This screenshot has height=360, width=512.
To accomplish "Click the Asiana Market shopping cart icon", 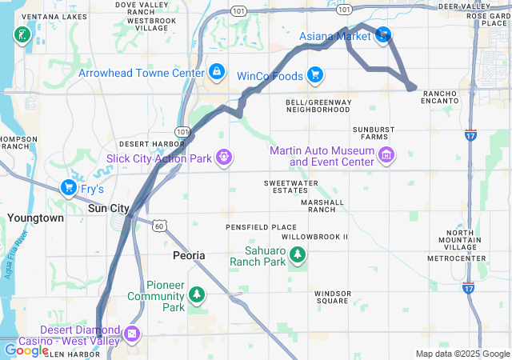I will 383,34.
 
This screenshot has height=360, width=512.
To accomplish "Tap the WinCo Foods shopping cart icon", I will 315,75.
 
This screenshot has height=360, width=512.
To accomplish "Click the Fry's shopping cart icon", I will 69,189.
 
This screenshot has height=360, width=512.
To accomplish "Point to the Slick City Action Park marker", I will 224,158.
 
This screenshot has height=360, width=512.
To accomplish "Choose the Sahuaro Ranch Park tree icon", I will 298,255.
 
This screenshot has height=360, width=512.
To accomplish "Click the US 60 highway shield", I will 161,226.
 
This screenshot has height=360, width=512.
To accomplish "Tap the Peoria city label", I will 189,255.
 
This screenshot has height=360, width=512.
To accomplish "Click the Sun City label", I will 108,208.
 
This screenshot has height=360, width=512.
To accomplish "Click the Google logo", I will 26,350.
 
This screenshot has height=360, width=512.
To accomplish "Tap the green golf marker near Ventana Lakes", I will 21,34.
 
